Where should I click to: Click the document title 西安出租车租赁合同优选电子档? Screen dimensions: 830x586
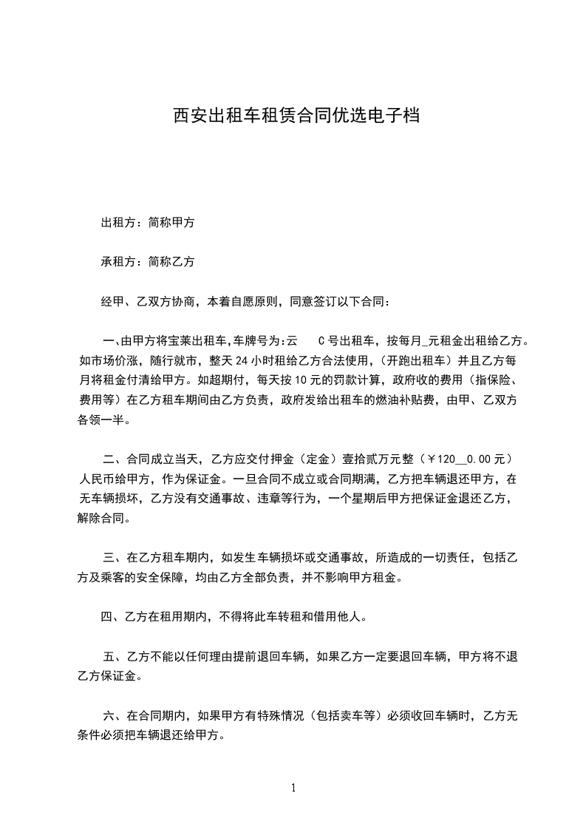pyautogui.click(x=296, y=116)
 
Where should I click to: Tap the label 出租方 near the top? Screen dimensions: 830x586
pyautogui.click(x=117, y=221)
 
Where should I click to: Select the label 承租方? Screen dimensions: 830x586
pyautogui.click(x=117, y=261)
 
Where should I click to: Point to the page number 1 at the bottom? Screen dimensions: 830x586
pyautogui.click(x=293, y=787)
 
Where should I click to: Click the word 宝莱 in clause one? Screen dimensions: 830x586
pyautogui.click(x=177, y=341)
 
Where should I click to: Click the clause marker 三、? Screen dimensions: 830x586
pyautogui.click(x=112, y=556)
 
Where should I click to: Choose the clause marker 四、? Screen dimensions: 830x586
pyautogui.click(x=112, y=615)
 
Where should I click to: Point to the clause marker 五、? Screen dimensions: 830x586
pyautogui.click(x=112, y=655)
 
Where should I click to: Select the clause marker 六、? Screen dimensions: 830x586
pyautogui.click(x=112, y=715)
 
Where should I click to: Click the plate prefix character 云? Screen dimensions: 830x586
pyautogui.click(x=292, y=341)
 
